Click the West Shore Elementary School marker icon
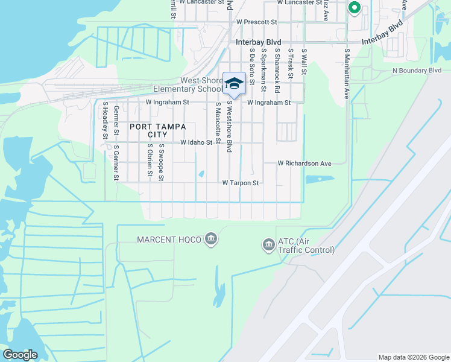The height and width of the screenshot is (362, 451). (x=234, y=84)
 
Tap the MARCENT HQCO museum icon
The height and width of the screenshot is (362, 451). (x=211, y=240)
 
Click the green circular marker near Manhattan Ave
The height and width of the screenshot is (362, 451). (x=355, y=8)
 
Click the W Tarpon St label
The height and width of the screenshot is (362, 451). (x=241, y=183)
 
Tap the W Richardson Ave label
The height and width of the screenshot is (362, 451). (x=304, y=164)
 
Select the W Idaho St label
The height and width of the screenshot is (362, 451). (x=197, y=143)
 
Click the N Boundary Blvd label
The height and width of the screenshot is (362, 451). (x=417, y=71)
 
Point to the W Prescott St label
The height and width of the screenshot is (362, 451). (x=256, y=22)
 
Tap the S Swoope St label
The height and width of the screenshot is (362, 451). (x=162, y=162)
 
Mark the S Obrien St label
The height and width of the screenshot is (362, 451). (x=150, y=160)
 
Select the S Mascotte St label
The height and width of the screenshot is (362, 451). (x=217, y=126)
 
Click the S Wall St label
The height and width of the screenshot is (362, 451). (x=304, y=63)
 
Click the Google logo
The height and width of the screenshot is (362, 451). (x=20, y=355)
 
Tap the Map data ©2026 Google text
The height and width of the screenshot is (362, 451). (x=414, y=357)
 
